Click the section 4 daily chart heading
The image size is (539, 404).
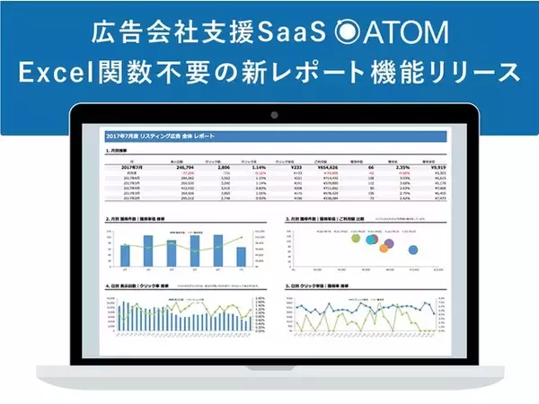pos(135,287)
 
